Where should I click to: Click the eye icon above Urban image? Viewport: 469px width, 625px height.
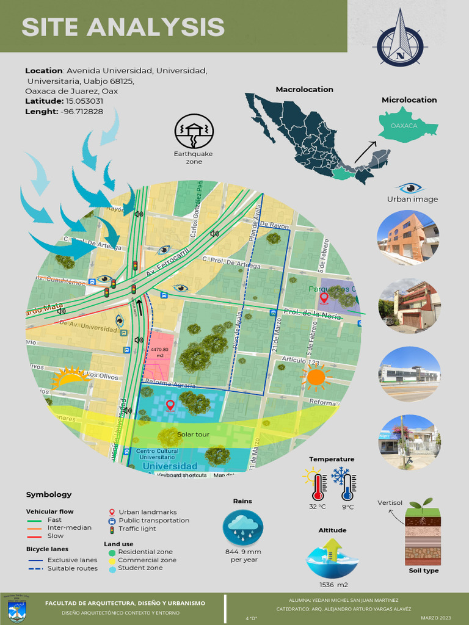(410, 187)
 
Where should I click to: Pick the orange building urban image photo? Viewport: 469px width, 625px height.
(407, 237)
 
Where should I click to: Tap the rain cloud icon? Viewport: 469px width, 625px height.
(242, 527)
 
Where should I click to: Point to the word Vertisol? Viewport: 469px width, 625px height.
(390, 502)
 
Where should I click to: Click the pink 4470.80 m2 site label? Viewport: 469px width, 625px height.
(159, 352)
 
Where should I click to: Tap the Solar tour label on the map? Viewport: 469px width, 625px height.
(193, 435)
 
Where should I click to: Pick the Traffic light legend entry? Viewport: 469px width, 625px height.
(137, 529)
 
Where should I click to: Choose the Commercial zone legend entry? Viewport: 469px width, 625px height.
(147, 560)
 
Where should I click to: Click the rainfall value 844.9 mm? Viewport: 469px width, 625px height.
(242, 552)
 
